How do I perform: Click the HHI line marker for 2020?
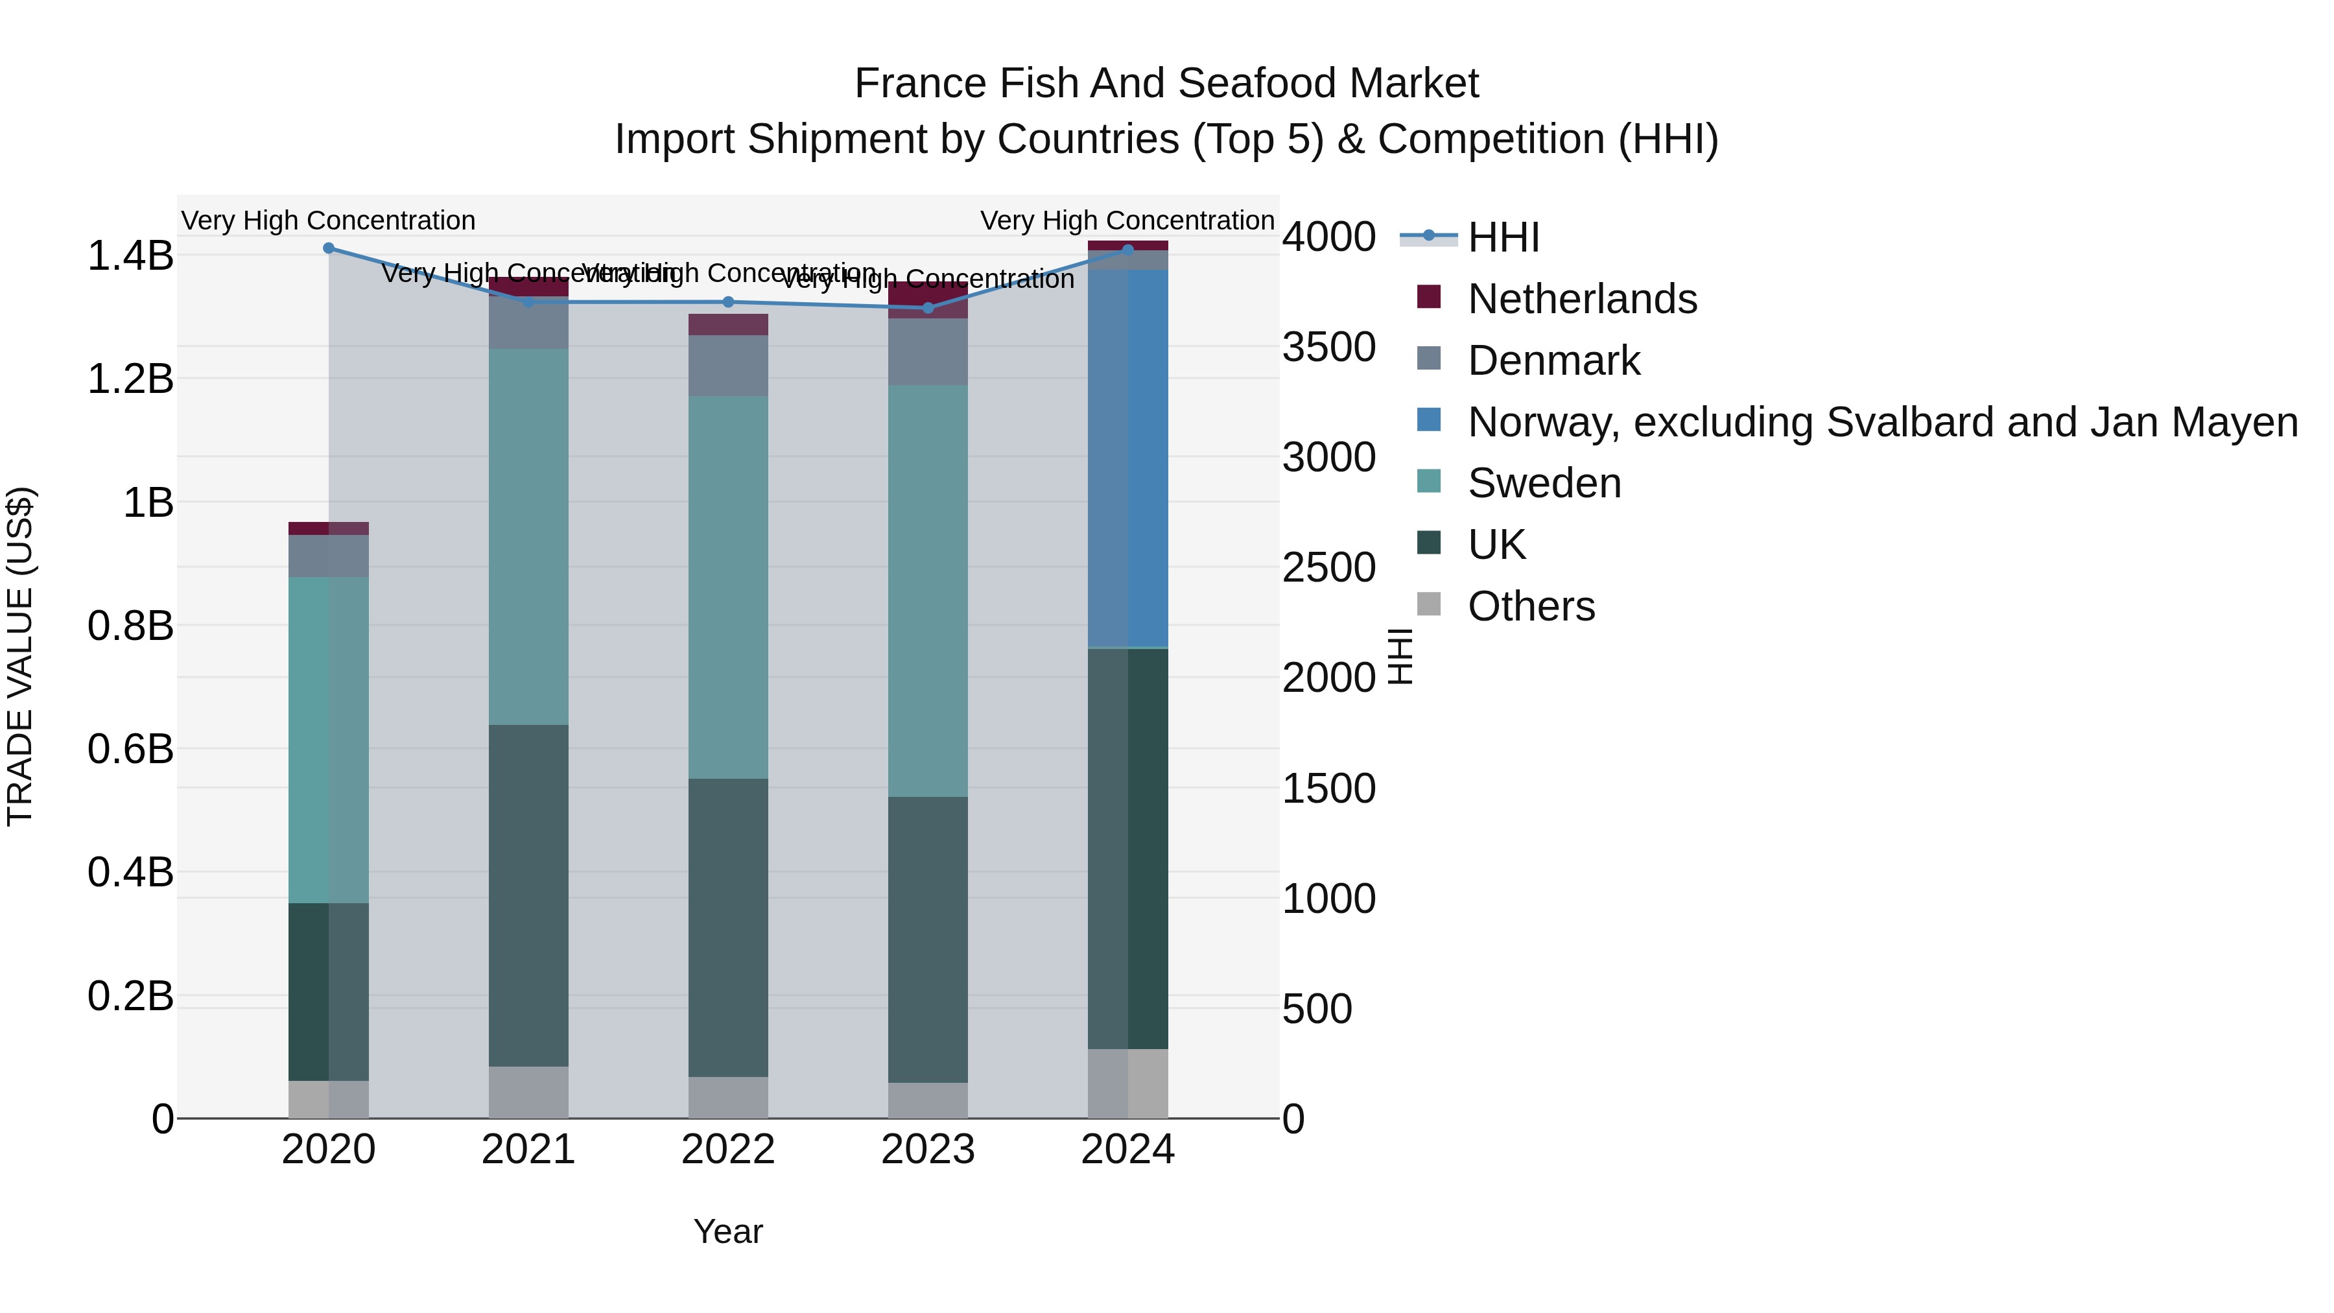329,248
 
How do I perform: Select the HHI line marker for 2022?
729,302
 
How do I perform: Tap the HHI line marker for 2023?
928,308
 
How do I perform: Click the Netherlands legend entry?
1581,299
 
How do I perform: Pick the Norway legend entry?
1882,422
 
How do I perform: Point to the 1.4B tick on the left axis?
130,255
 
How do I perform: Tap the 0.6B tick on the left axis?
130,750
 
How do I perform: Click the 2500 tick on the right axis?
1328,568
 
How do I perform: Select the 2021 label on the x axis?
528,1150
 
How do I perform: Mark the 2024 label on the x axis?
1128,1150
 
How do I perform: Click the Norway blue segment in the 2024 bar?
1128,458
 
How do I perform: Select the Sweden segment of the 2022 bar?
729,587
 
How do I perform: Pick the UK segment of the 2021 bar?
528,895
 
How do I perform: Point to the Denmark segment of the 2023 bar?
928,351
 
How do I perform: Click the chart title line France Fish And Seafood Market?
1166,84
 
